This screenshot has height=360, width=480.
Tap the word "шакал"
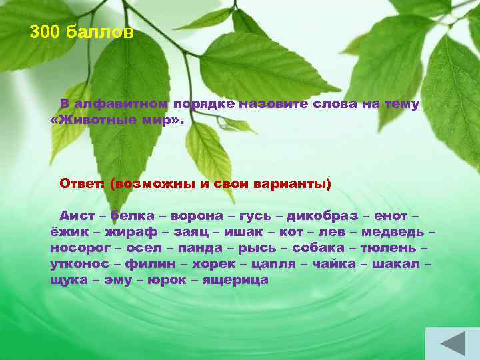pyautogui.click(x=397, y=264)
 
